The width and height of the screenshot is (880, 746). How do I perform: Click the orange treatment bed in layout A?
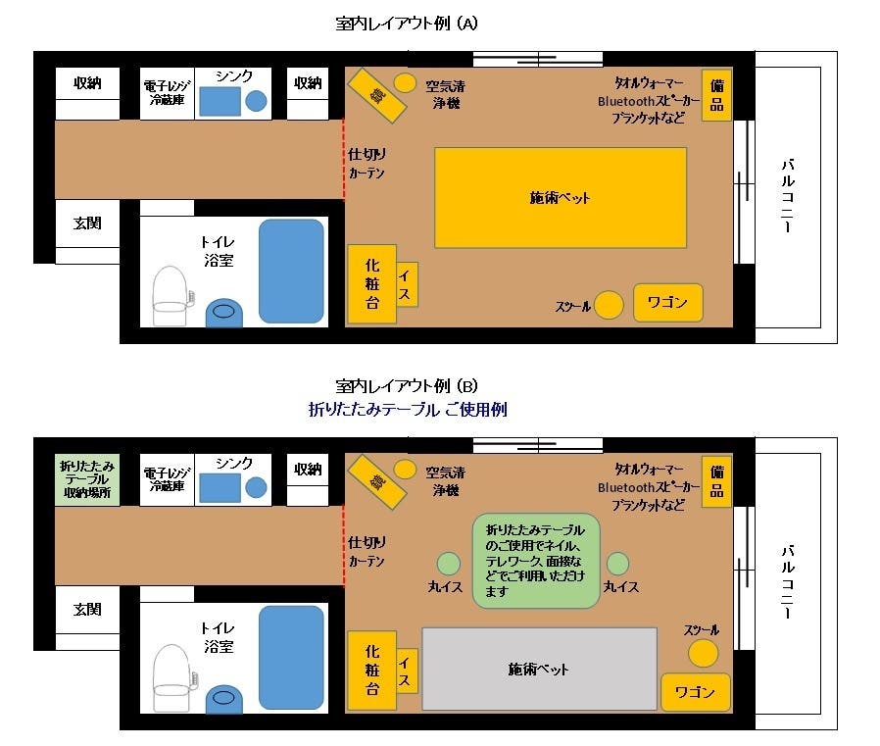pos(560,197)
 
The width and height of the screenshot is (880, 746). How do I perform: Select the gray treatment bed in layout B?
pos(539,669)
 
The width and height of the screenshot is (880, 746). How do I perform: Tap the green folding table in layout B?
pos(534,560)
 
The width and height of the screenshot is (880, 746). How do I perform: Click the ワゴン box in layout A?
pos(668,303)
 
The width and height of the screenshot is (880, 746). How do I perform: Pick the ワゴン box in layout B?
pos(695,692)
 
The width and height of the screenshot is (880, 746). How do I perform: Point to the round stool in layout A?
pos(610,305)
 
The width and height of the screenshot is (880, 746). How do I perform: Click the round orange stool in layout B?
pos(703,653)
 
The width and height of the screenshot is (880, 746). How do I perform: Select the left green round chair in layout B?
pos(448,564)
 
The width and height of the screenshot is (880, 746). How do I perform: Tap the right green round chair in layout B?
pos(617,564)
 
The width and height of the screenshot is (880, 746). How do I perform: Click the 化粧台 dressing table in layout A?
pos(372,283)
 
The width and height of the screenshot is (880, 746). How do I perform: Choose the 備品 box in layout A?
pos(716,96)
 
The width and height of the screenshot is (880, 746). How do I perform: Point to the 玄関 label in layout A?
pos(87,224)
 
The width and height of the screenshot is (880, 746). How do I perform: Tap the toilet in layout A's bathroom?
pos(170,295)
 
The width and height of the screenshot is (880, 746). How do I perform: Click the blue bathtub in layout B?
pos(291,657)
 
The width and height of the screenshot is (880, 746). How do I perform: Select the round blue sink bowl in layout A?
pos(256,100)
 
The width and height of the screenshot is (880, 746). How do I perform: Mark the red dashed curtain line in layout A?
pos(344,159)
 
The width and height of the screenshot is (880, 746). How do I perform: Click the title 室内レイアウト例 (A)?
pos(406,23)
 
